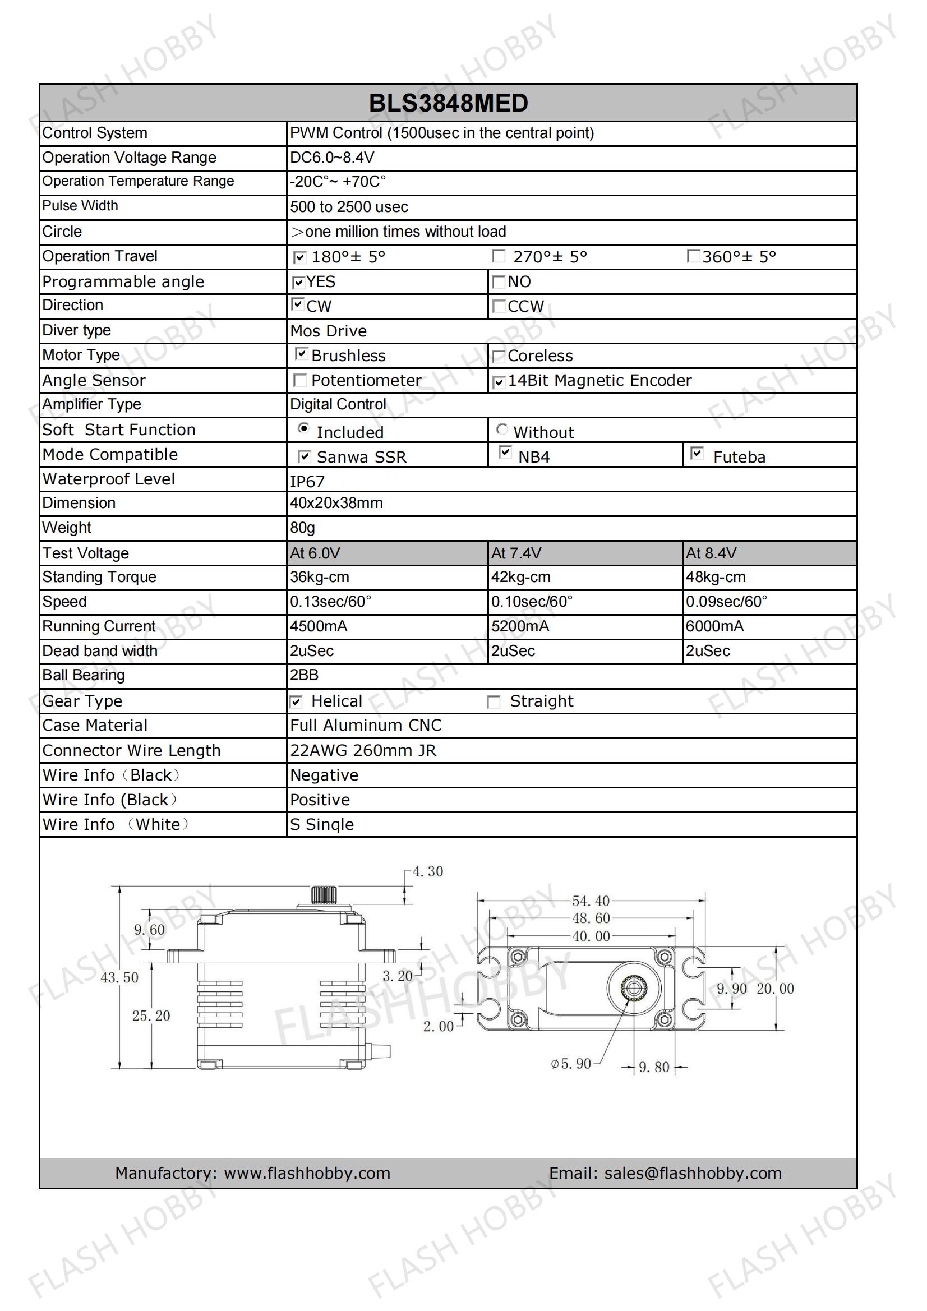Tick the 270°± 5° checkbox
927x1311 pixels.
(499, 256)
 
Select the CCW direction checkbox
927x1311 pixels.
(499, 306)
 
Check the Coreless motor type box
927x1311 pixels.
(499, 356)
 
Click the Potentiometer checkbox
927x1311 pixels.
(299, 380)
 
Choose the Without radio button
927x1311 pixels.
(502, 429)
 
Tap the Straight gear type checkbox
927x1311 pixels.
(494, 701)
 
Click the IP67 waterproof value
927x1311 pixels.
(307, 481)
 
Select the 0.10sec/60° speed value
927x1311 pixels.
(532, 602)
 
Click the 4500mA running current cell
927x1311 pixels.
(318, 626)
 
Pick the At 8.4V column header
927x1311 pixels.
(711, 553)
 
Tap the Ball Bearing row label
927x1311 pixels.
(84, 676)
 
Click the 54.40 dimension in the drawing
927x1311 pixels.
(591, 901)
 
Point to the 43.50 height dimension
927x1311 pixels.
(119, 977)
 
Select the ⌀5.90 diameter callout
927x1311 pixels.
(570, 1063)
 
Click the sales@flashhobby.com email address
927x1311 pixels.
(693, 1173)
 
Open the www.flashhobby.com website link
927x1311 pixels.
(307, 1173)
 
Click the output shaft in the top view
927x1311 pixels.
(633, 988)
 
